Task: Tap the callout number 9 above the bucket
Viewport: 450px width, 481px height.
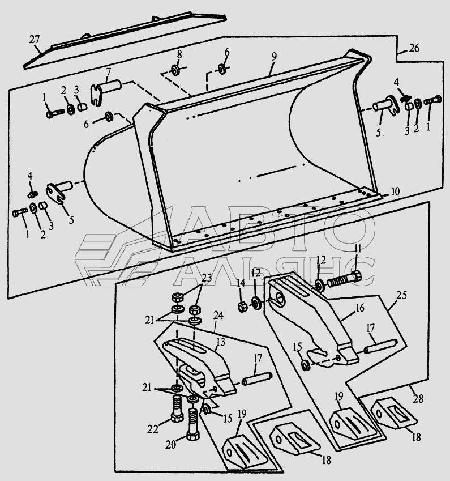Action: pyautogui.click(x=273, y=57)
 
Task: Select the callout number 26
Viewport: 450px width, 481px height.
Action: pyautogui.click(x=413, y=48)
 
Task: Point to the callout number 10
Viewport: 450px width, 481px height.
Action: pyautogui.click(x=394, y=191)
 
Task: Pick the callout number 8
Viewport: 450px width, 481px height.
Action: pyautogui.click(x=179, y=54)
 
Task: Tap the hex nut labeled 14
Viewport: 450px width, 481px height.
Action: pyautogui.click(x=242, y=307)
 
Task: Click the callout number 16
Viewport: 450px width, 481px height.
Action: pyautogui.click(x=360, y=309)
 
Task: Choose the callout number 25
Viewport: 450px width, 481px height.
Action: pyautogui.click(x=402, y=296)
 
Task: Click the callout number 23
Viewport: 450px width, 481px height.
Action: pyautogui.click(x=205, y=279)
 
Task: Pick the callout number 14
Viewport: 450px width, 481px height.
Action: pyautogui.click(x=241, y=282)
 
